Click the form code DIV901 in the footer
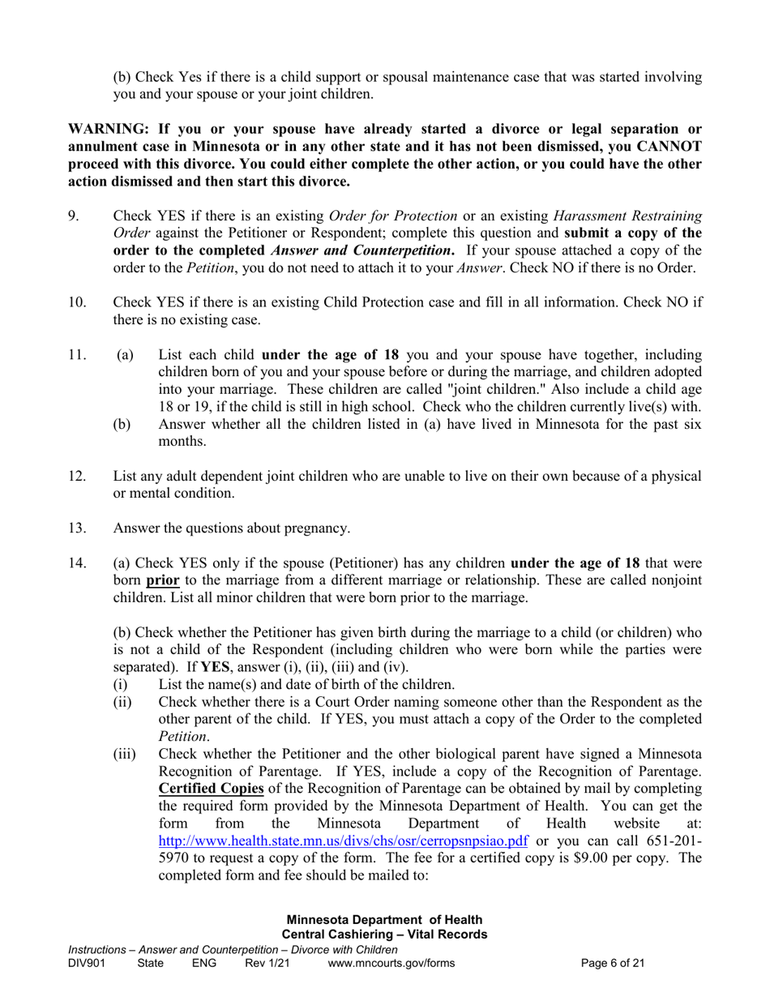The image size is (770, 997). coord(87,964)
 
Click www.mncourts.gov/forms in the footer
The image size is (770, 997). coord(391,964)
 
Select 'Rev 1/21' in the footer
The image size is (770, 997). coord(267,964)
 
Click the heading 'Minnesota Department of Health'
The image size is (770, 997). coord(385,920)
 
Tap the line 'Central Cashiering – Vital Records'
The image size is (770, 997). coord(385,935)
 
